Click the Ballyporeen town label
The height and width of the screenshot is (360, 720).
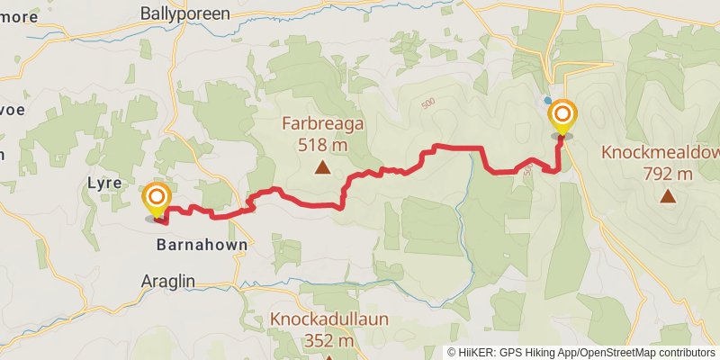[x=185, y=13]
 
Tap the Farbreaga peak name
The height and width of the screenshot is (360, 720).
[x=322, y=124]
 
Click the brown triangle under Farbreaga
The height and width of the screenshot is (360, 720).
[x=322, y=166]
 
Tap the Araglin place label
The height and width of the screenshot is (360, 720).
[x=168, y=281]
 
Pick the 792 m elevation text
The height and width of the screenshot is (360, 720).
[x=668, y=174]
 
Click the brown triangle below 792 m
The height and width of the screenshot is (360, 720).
[x=668, y=196]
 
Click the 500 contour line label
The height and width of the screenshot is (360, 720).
[x=427, y=104]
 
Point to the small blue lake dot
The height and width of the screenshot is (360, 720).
[x=547, y=100]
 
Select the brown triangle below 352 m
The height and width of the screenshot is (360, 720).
[x=329, y=357]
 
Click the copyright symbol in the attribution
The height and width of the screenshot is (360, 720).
[x=453, y=353]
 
